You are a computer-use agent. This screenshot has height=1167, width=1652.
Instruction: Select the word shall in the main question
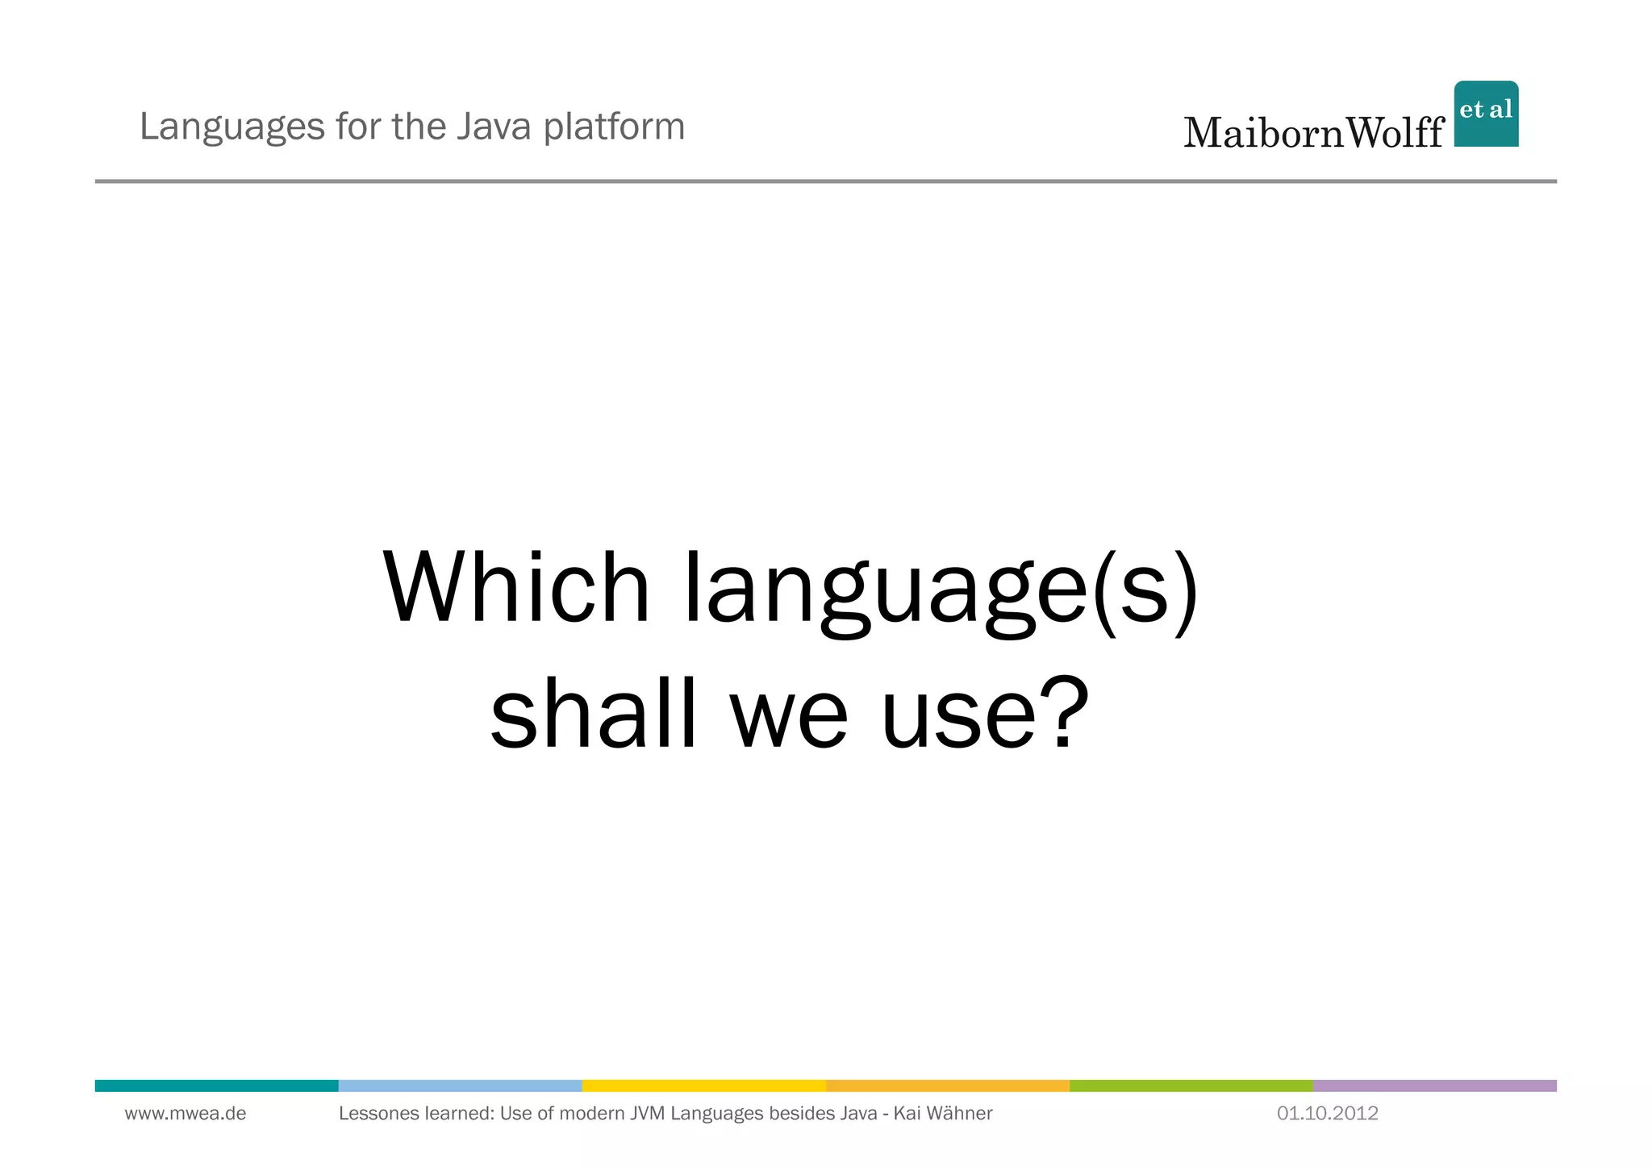coord(593,713)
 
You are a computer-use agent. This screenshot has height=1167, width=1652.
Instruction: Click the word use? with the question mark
coord(984,713)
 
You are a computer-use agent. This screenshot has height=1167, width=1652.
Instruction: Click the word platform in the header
coord(614,127)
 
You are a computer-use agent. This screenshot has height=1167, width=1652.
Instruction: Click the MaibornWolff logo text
coord(1313,132)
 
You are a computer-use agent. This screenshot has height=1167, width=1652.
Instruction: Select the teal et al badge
coord(1486,113)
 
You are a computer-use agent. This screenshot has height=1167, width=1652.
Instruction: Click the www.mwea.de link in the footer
coord(186,1114)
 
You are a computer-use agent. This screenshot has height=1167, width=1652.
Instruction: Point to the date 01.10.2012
coord(1327,1114)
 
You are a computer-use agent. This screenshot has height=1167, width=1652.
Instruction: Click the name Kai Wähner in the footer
coord(943,1114)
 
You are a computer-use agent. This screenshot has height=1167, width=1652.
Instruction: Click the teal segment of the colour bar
coord(216,1086)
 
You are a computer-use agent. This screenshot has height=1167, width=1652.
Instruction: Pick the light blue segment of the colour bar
coord(460,1086)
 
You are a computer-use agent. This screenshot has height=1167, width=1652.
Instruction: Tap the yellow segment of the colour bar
coord(703,1086)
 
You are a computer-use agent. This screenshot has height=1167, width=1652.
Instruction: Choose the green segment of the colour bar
coord(1191,1086)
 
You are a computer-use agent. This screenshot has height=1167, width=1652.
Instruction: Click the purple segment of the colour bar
coord(1434,1086)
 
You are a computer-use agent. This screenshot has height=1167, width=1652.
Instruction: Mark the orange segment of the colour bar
coord(947,1086)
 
